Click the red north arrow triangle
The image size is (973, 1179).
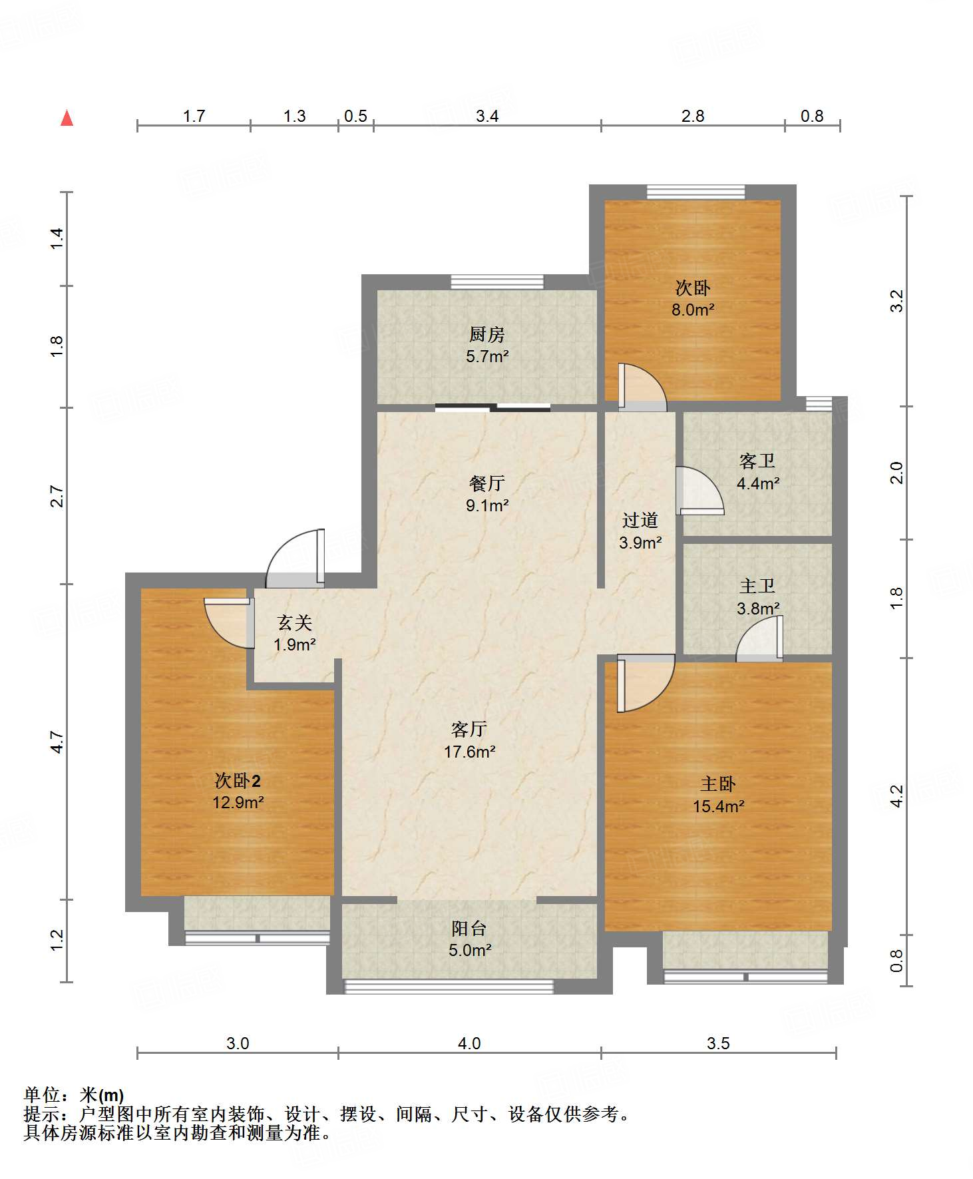pyautogui.click(x=67, y=118)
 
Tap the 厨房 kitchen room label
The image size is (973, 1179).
pyautogui.click(x=487, y=334)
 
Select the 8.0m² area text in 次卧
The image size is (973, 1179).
pyautogui.click(x=693, y=310)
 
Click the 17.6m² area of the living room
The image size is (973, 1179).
pyautogui.click(x=469, y=752)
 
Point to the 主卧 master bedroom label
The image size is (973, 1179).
pyautogui.click(x=717, y=784)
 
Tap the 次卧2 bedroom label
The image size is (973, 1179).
pyautogui.click(x=237, y=780)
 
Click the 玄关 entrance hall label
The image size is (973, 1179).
pyautogui.click(x=294, y=622)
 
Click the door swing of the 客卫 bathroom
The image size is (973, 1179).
pyautogui.click(x=699, y=491)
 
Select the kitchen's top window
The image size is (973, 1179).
pyautogui.click(x=497, y=282)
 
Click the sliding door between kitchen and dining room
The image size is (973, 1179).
pyautogui.click(x=492, y=407)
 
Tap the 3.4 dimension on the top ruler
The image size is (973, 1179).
pyautogui.click(x=487, y=116)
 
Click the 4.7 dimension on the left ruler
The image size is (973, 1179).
pyautogui.click(x=57, y=742)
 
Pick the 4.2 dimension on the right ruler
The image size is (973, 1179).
pyautogui.click(x=896, y=796)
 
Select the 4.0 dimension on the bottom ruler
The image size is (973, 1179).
pyautogui.click(x=469, y=1043)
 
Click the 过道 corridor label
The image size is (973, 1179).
pyautogui.click(x=640, y=520)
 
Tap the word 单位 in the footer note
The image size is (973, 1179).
pyautogui.click(x=41, y=1094)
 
